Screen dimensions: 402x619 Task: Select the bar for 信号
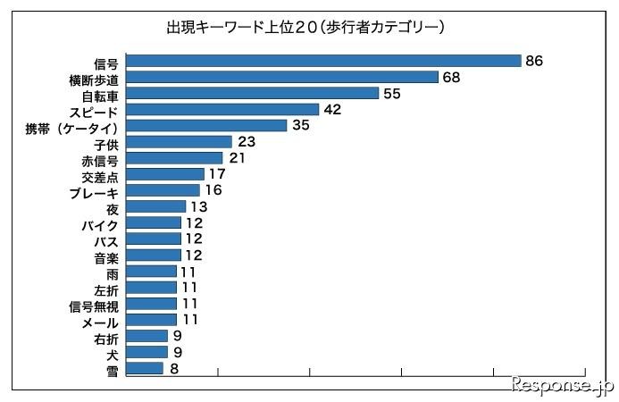[323, 61]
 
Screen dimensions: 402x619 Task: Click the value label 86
[535, 61]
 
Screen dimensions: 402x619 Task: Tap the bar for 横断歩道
[282, 77]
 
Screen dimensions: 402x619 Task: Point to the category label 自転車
[100, 94]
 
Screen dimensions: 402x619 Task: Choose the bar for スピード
[222, 109]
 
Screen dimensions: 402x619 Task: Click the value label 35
[300, 125]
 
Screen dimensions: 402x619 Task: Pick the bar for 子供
[180, 141]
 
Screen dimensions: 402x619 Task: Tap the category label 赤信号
[100, 158]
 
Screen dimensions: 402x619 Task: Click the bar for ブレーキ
[163, 190]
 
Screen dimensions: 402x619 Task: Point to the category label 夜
[113, 207]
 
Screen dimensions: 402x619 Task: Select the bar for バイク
[155, 222]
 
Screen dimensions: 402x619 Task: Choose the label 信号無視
[94, 305]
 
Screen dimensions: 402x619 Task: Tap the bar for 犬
[147, 352]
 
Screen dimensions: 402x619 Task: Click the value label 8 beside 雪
[173, 368]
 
